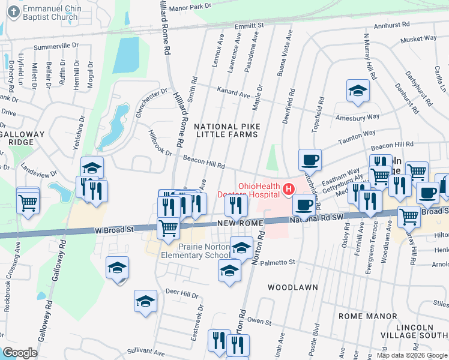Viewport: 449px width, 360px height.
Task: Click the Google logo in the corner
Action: click(x=20, y=353)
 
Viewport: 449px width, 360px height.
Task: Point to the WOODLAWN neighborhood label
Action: click(x=292, y=287)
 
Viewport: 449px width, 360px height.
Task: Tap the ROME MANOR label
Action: click(x=364, y=316)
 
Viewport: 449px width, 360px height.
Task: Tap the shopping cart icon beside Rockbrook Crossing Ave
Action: click(x=28, y=202)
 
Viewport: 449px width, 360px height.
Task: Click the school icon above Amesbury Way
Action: click(x=358, y=91)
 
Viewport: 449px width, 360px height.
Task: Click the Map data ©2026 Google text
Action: click(x=412, y=355)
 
